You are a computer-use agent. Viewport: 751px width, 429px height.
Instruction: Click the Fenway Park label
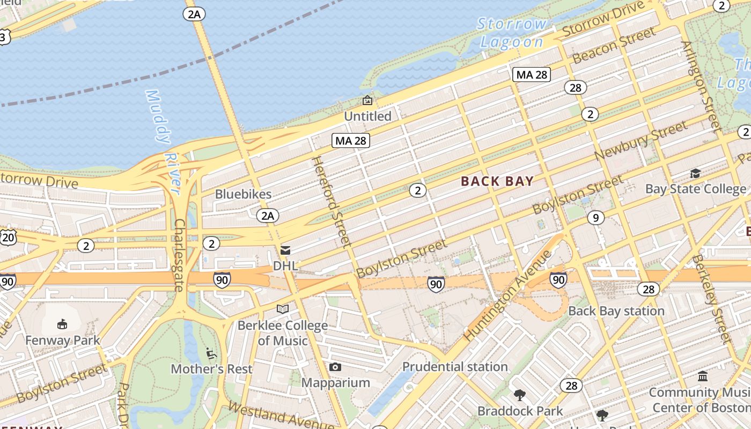[x=63, y=341]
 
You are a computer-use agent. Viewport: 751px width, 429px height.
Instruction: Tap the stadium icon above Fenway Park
[x=62, y=324]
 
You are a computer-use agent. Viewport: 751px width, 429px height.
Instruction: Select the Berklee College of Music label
[x=283, y=333]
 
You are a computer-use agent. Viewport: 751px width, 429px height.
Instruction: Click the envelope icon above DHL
[x=285, y=250]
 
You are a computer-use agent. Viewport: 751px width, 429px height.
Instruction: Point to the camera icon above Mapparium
[x=335, y=367]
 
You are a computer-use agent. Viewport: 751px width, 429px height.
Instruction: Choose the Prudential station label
[x=455, y=367]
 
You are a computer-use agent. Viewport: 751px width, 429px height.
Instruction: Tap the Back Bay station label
[x=616, y=311]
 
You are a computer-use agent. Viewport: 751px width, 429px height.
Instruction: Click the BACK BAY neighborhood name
[x=497, y=181]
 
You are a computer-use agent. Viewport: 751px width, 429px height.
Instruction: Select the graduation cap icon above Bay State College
[x=695, y=173]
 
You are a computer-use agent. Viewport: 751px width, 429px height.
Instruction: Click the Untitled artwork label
[x=367, y=116]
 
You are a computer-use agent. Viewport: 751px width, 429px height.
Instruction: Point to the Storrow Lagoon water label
[x=512, y=33]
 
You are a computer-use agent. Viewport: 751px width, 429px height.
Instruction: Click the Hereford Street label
[x=332, y=201]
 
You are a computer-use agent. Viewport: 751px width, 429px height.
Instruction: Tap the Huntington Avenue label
[x=507, y=295]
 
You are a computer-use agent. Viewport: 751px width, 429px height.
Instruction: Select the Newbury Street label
[x=640, y=140]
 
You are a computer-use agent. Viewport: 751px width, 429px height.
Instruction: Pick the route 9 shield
[x=595, y=218]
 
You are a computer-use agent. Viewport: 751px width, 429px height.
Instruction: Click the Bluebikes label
[x=243, y=194]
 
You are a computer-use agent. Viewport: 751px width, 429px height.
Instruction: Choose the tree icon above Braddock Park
[x=519, y=396]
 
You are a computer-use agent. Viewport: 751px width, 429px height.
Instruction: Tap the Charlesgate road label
[x=179, y=255]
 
